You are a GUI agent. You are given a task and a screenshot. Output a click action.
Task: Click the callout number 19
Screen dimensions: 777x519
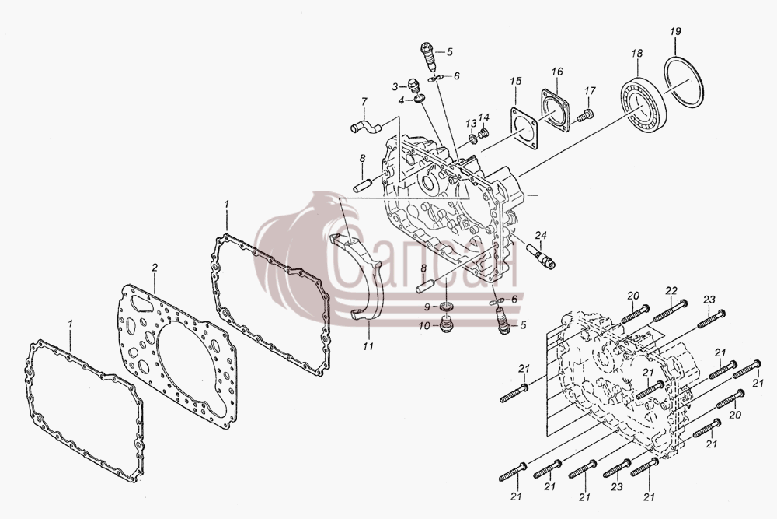pos(675,31)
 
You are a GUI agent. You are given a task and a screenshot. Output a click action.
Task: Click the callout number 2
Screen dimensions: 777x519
pos(155,268)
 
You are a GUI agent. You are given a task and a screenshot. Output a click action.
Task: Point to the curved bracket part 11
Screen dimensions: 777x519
pos(377,293)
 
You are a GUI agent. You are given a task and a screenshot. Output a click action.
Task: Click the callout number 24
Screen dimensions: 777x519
pos(540,234)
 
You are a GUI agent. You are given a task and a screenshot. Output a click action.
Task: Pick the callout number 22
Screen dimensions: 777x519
pos(671,289)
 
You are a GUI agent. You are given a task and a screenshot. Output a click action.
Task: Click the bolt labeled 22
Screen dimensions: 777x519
pos(670,310)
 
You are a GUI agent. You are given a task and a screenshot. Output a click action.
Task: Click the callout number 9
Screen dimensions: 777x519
pos(427,307)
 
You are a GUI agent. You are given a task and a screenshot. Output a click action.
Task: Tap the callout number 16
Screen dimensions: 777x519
pos(557,72)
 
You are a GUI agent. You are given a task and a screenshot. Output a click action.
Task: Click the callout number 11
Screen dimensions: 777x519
pos(368,346)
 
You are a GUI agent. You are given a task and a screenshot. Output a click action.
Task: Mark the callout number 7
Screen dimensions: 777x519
pos(364,101)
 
